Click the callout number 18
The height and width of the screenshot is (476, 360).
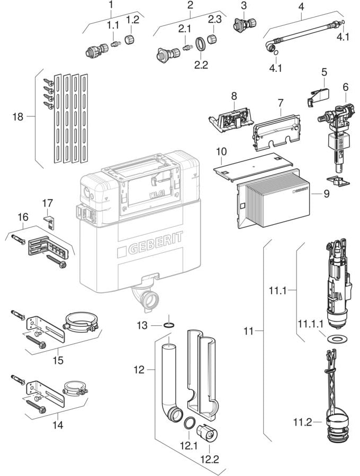[17, 117]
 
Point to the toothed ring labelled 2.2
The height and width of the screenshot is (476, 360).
[200, 43]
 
